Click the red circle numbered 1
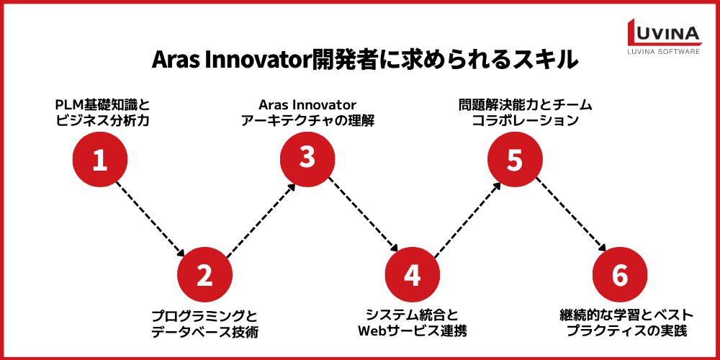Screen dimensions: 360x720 pyautogui.click(x=100, y=159)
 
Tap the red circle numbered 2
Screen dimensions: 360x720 pyautogui.click(x=204, y=275)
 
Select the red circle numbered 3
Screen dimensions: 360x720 pyautogui.click(x=307, y=158)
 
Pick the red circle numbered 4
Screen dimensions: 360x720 pyautogui.click(x=412, y=275)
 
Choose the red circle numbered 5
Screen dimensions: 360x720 pyautogui.click(x=514, y=159)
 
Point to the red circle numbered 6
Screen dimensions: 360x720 pyautogui.click(x=619, y=275)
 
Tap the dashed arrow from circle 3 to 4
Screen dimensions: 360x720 pyautogui.click(x=360, y=216)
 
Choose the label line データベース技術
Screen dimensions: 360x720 pyautogui.click(x=204, y=332)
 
